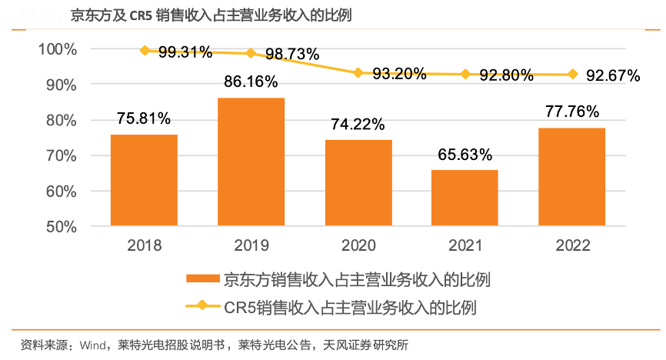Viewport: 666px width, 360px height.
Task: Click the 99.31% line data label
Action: (x=185, y=52)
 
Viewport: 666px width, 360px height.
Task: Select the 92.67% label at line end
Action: (x=613, y=75)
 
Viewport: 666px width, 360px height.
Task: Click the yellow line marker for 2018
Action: (x=144, y=51)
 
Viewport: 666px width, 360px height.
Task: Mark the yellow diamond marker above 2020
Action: (x=358, y=73)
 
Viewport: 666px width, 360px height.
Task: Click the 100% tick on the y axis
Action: (x=58, y=49)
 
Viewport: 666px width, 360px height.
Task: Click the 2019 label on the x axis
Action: (x=251, y=245)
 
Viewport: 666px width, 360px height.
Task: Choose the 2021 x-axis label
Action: (x=465, y=245)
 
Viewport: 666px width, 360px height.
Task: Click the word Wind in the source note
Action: (x=95, y=343)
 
